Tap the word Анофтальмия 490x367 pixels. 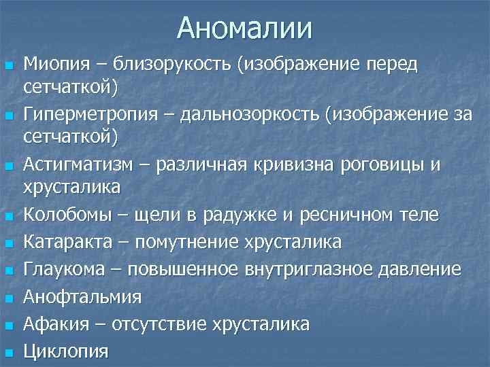point(82,297)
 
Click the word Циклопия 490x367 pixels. point(66,351)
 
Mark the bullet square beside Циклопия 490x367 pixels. point(8,352)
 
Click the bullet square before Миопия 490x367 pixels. point(8,66)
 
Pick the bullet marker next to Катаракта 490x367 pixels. point(8,243)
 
